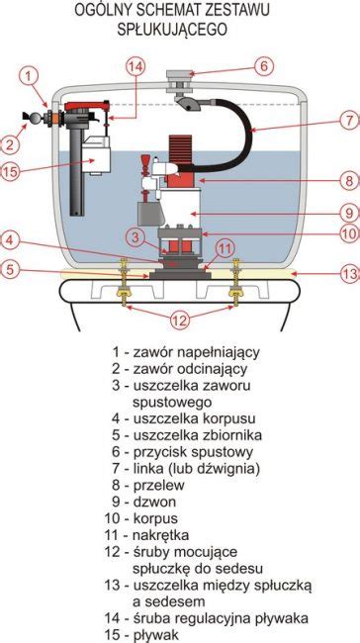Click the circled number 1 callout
pyautogui.click(x=31, y=74)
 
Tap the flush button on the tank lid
pyautogui.click(x=181, y=74)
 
